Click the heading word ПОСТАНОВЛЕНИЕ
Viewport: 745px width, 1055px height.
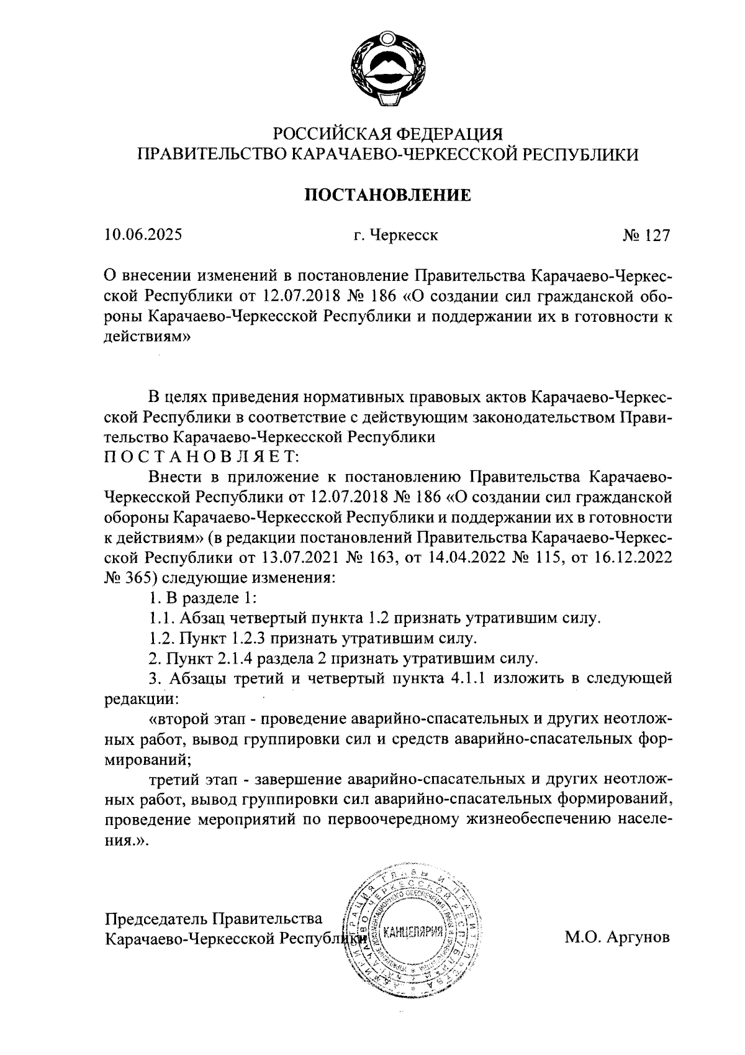coord(387,196)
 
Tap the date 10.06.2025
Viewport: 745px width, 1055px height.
coord(143,235)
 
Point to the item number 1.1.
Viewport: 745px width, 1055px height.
coord(161,618)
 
